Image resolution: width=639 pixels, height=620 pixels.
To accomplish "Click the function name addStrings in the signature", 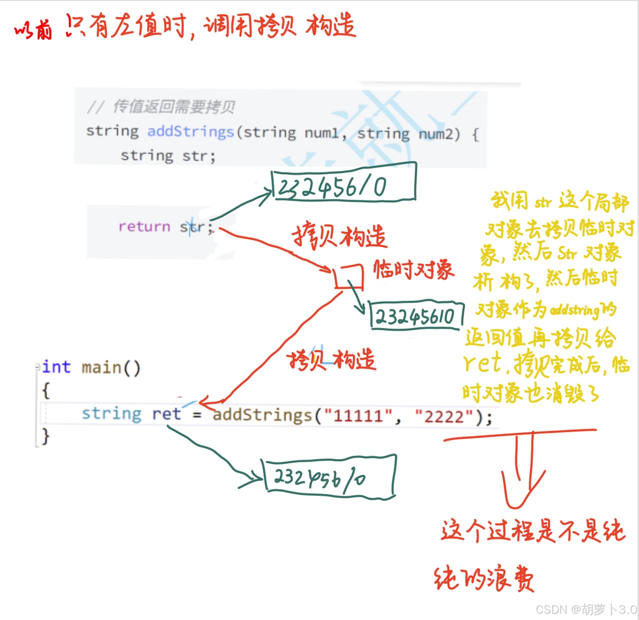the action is (x=190, y=131).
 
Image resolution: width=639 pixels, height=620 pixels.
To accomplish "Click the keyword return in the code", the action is (x=144, y=226).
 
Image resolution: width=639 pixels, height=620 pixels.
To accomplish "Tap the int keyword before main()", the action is (x=56, y=367).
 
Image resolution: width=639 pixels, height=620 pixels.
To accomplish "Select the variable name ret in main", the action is (x=166, y=414).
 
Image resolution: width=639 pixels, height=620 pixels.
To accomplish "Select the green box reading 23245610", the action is (x=417, y=315).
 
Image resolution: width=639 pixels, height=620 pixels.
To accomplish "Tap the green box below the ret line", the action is (x=330, y=476).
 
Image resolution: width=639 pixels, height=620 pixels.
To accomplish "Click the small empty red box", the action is (x=349, y=277).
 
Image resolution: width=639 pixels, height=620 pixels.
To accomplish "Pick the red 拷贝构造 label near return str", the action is (x=339, y=236).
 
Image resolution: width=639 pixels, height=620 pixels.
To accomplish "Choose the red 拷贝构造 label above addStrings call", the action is (x=332, y=360).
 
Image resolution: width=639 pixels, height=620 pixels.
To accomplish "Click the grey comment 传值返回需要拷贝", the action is (x=173, y=107).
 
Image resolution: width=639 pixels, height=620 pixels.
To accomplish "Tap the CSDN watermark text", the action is (x=586, y=609).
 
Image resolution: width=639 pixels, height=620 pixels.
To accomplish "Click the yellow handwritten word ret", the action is (x=483, y=364).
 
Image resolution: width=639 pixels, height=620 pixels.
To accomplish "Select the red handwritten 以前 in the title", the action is (x=33, y=31).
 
